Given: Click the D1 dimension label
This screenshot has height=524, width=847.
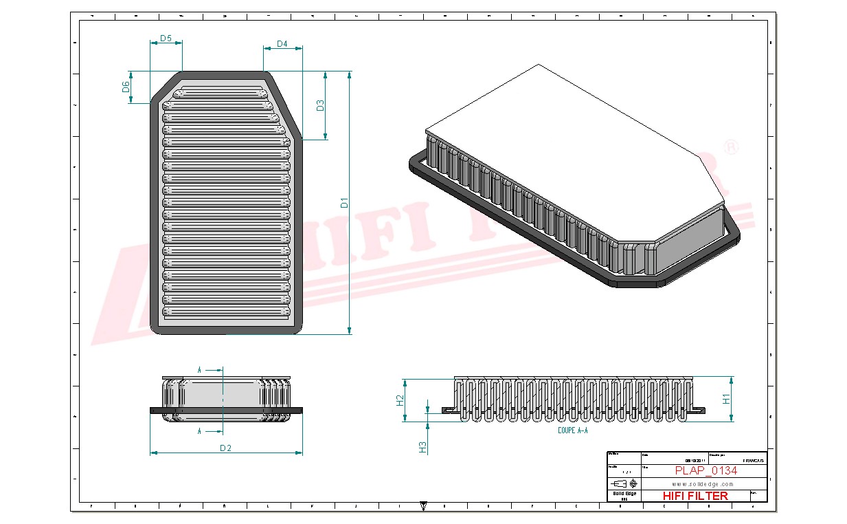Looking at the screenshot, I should point(345,203).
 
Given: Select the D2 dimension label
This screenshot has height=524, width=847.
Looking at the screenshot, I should point(225,448).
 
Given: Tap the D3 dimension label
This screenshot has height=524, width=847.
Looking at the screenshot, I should point(320,105).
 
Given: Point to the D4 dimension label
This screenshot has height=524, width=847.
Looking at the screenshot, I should point(282,44).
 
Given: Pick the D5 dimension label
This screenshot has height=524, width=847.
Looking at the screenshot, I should point(166,39).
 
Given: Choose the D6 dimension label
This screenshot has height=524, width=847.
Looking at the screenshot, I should point(126,87).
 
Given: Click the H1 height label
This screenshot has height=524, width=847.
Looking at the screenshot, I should point(726,398).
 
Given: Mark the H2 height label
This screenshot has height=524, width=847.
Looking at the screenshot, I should point(400,400).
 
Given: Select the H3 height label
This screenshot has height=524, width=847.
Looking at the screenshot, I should point(423,447).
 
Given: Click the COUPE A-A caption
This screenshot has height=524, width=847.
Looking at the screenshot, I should point(573,430).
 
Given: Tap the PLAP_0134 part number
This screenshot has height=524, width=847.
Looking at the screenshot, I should point(705,470).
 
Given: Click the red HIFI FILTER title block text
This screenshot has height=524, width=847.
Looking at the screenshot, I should point(694,495).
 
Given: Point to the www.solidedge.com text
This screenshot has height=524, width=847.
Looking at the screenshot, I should point(694,483).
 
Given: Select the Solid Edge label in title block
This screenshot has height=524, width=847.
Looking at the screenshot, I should point(624,494).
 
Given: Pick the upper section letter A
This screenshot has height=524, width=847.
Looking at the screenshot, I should point(199,370).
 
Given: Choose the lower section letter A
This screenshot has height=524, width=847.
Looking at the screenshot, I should point(199,431).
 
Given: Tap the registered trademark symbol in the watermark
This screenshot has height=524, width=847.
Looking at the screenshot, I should point(732,147).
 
